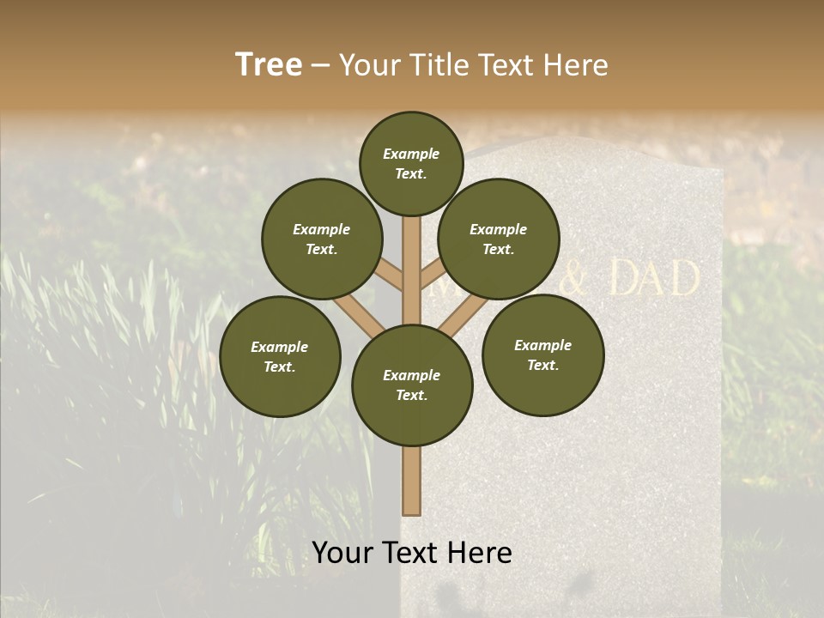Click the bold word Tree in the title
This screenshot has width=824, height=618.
tap(269, 65)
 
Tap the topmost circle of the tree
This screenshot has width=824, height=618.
tap(411, 163)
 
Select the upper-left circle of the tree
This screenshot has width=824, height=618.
tap(321, 239)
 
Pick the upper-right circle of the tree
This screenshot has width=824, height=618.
tap(498, 239)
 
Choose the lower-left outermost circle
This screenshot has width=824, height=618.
tap(280, 356)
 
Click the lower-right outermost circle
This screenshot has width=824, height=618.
tap(542, 354)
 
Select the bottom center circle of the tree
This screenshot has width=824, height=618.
tap(411, 385)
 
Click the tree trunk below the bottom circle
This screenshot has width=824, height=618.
tap(411, 481)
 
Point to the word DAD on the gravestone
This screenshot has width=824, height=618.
tap(654, 279)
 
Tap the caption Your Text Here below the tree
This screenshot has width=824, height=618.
tap(411, 553)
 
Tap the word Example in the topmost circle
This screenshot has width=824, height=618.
tap(411, 154)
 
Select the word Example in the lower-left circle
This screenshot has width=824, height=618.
tap(279, 347)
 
